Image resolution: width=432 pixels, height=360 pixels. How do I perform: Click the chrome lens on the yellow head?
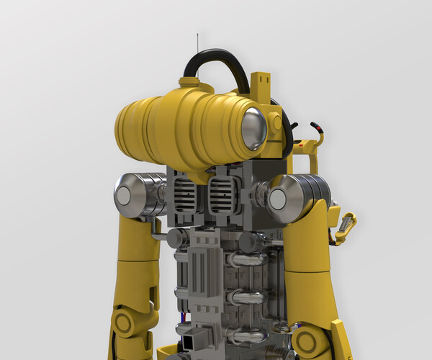[253, 130]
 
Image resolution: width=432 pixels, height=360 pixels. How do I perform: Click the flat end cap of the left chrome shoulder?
[124, 196]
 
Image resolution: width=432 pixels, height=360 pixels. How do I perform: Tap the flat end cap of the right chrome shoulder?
[279, 196]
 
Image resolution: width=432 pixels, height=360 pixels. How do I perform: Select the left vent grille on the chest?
[185, 195]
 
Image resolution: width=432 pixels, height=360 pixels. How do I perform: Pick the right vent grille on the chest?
[221, 195]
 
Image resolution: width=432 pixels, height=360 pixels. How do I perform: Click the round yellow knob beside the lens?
[277, 123]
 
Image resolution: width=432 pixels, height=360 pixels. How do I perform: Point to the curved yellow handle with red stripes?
[318, 134]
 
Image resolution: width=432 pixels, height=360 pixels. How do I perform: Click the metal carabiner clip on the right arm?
[346, 227]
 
